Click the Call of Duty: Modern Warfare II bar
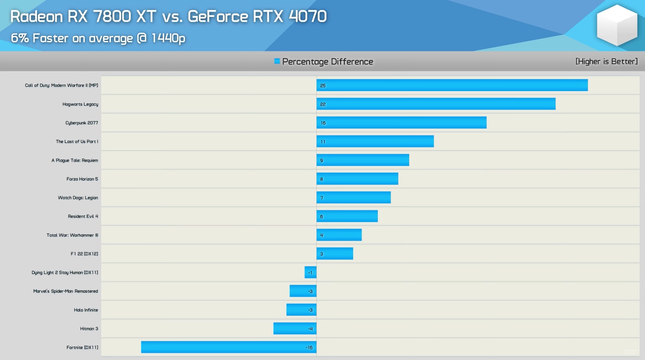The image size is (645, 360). pos(452,85)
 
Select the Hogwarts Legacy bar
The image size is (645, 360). pos(436,104)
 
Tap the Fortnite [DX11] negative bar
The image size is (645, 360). pos(228,347)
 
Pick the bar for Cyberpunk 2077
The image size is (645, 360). pos(401,123)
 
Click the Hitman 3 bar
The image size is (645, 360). pos(295,328)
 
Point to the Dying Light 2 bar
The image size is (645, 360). pos(310,272)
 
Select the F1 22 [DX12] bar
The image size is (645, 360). pos(335,254)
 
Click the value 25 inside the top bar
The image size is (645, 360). pos(323,86)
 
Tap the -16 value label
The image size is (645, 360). pos(309,348)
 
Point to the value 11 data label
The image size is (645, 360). pos(323,142)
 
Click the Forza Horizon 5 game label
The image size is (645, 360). pos(82,179)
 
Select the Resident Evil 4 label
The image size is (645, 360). pos(83,216)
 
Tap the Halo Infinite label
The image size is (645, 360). pos(86,310)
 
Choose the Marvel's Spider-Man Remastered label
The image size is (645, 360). pos(66,291)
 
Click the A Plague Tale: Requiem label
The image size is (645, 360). pos(75,160)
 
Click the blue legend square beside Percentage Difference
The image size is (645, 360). pos(277,61)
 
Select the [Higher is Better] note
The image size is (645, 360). pos(606,61)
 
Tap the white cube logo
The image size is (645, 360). pos(617,25)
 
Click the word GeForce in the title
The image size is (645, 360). pos(218,16)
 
